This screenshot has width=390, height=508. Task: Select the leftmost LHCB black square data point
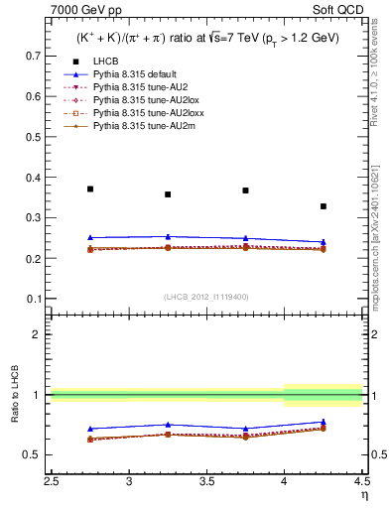(x=90, y=189)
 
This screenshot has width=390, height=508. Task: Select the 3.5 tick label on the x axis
(x=207, y=481)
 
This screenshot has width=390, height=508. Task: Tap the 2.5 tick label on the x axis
(x=52, y=481)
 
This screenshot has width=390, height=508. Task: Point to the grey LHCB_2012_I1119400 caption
(x=207, y=297)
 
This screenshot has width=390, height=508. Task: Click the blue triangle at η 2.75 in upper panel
(x=90, y=238)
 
